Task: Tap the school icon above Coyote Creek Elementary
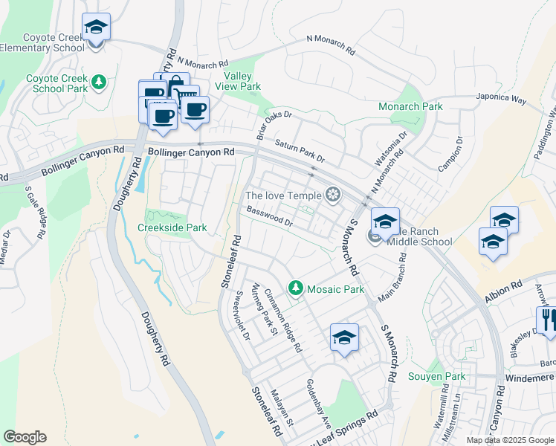(96, 27)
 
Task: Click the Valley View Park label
(242, 81)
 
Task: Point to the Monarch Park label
(410, 106)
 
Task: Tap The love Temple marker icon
(334, 195)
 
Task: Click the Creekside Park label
(172, 227)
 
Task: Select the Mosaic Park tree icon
(296, 288)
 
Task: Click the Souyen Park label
(437, 376)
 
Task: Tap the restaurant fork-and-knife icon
(548, 320)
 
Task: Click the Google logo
(25, 437)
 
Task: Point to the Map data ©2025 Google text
(510, 440)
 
